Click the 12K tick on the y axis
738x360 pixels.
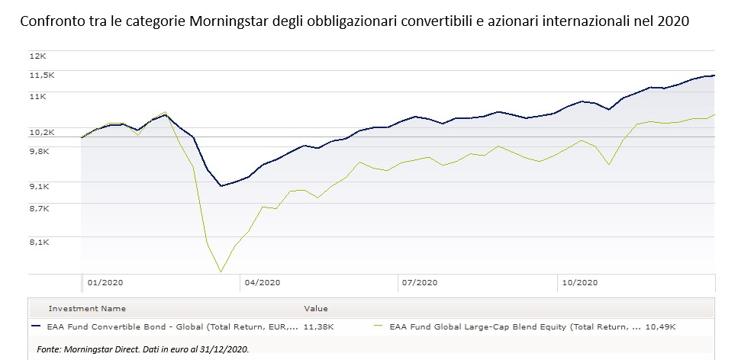pos(38,56)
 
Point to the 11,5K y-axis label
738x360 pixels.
pos(42,75)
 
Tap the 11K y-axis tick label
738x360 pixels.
pos(38,96)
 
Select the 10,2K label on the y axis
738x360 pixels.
pos(42,132)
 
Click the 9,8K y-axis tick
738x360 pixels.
pos(40,151)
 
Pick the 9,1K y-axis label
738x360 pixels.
pos(40,186)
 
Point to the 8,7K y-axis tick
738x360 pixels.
pos(40,207)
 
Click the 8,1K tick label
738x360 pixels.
pos(40,242)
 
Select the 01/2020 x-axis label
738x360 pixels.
pos(105,282)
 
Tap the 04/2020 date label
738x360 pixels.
pos(262,282)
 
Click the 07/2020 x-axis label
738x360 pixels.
pos(418,282)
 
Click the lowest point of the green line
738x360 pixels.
pos(221,272)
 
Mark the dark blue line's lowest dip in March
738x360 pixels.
pos(221,186)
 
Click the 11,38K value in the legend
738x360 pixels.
pos(318,326)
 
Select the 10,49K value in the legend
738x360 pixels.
pos(661,326)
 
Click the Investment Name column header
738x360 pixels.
pos(87,309)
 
